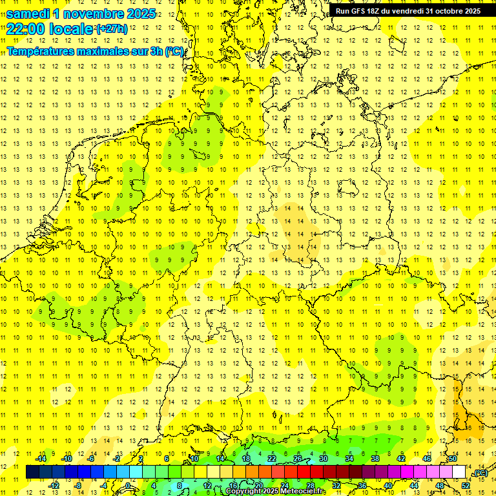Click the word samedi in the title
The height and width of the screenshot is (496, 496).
tap(28, 14)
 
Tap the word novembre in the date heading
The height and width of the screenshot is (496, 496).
tap(95, 14)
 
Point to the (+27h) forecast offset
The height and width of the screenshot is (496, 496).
tap(112, 29)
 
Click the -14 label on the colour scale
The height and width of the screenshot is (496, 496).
tap(40, 459)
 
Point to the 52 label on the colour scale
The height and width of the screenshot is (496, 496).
tap(466, 485)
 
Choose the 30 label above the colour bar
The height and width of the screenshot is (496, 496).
tap(323, 459)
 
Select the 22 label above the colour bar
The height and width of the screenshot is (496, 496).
tap(271, 459)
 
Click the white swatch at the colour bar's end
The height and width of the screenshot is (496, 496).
tap(459, 472)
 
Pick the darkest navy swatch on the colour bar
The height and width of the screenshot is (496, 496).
tap(32, 472)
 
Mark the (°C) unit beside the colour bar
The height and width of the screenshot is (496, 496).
tap(480, 473)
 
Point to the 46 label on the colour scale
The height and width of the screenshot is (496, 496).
tap(426, 459)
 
